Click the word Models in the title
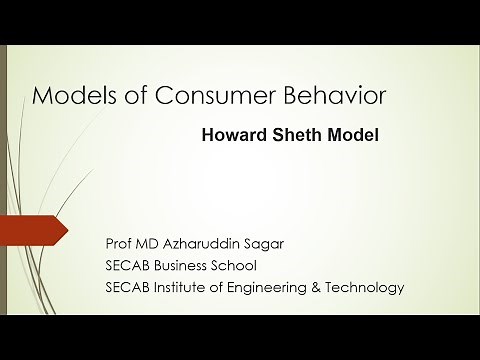pos(68,96)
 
